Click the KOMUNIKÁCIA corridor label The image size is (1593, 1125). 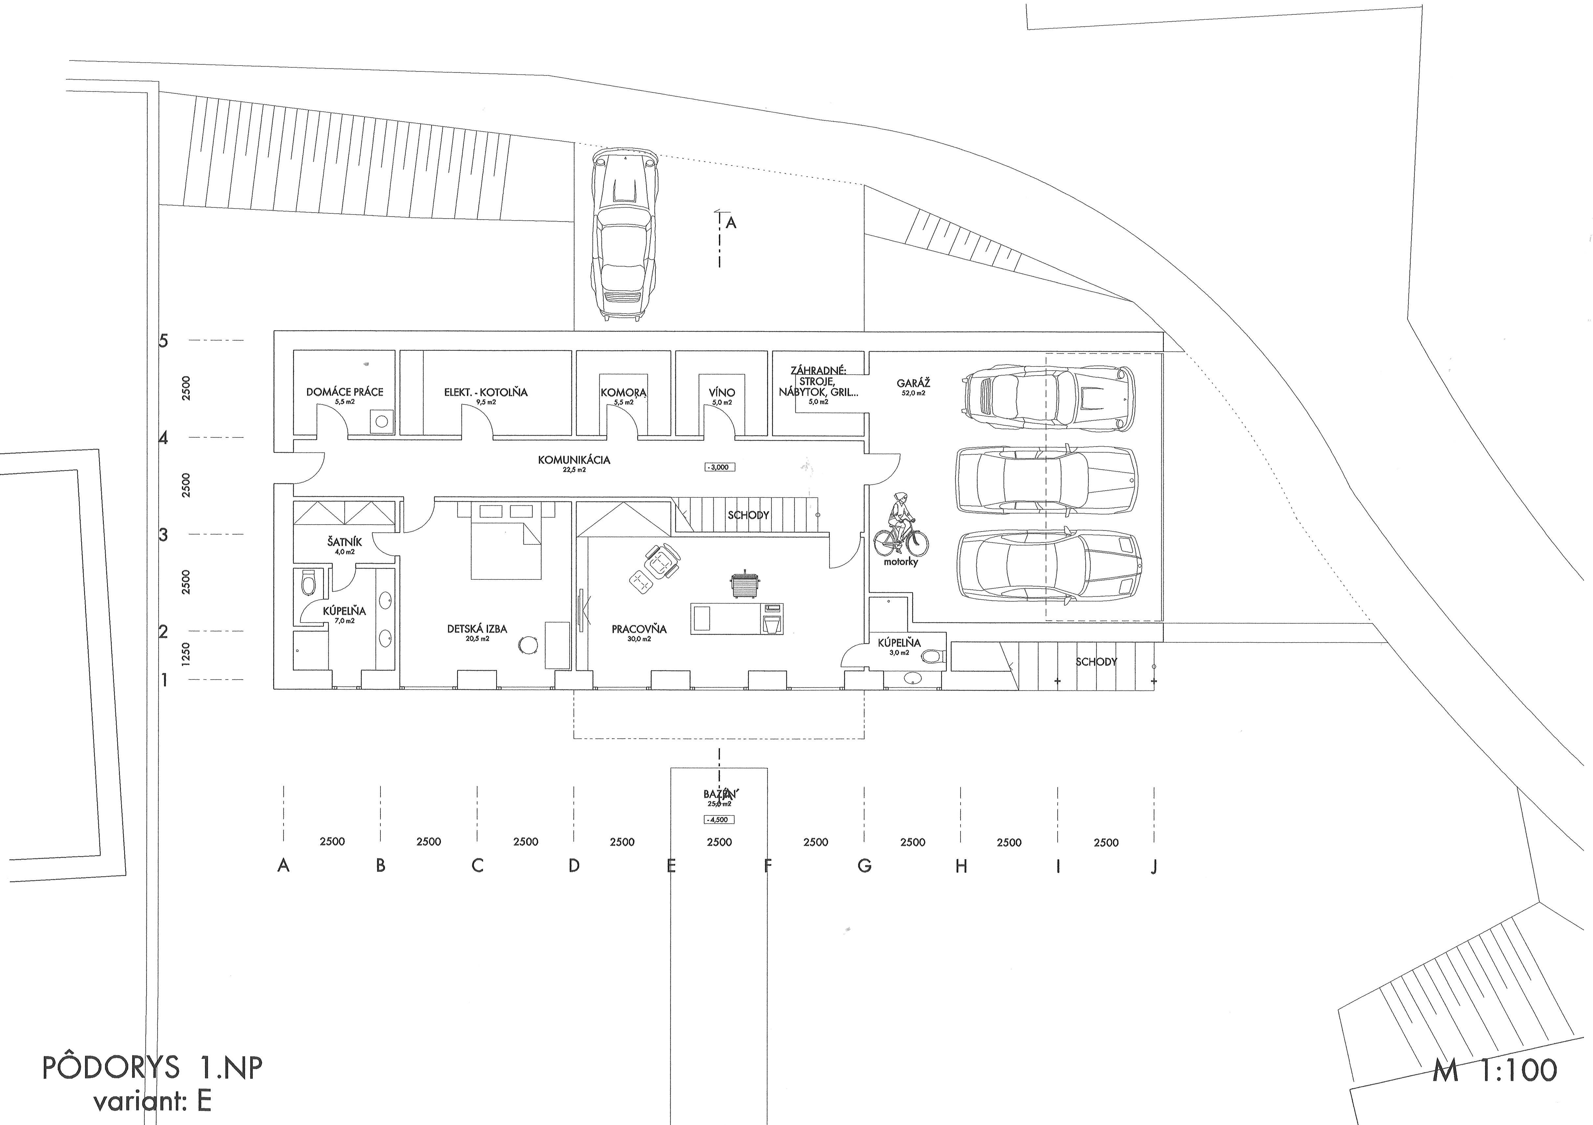point(574,460)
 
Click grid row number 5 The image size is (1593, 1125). point(164,340)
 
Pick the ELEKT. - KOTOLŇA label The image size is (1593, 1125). point(486,392)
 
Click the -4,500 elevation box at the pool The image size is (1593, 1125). point(718,820)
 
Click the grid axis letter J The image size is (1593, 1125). point(1154,866)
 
